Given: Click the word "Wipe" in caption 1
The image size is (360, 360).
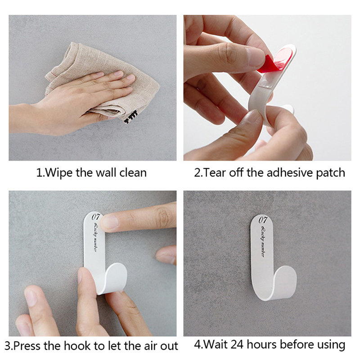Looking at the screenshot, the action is pos(58,172).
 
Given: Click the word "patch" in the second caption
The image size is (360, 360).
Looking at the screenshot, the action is pos(330,173).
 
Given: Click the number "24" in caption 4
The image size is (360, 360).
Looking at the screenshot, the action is pos(238,344).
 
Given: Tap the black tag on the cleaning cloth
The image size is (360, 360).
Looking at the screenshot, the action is pos(130,117).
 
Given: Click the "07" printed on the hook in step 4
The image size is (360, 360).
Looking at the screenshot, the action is pos(263,220).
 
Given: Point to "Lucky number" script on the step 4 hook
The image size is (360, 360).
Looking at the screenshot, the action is pos(263,241).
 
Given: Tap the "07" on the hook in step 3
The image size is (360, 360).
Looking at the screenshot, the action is pos(96,216).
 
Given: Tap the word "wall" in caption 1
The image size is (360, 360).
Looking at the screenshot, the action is pos(106,172).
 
